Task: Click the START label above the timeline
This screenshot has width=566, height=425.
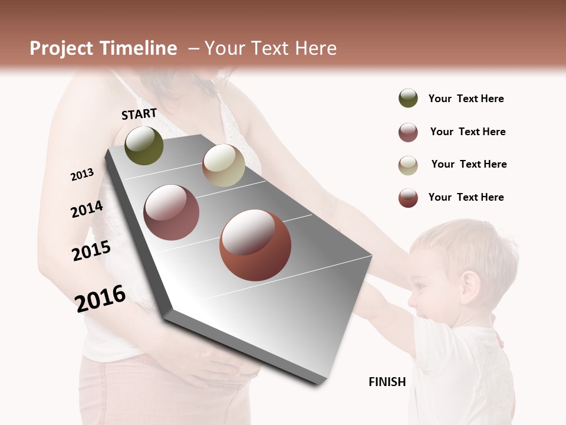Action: (139, 114)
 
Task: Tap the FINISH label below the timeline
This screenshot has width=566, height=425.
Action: (387, 382)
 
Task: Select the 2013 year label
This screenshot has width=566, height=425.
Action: (82, 175)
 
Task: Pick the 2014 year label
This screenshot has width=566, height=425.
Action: (87, 209)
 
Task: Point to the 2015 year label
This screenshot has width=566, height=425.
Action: (91, 251)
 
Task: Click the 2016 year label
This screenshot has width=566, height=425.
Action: (100, 298)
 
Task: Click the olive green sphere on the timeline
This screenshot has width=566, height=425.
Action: (144, 146)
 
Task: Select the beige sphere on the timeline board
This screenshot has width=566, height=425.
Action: (223, 165)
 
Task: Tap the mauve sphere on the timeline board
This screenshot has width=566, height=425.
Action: (171, 212)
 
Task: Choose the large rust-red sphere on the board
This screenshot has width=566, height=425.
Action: (255, 246)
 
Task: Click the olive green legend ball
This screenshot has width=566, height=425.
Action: (408, 99)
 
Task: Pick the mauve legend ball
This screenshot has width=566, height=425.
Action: (408, 132)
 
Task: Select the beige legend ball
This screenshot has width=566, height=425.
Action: (408, 165)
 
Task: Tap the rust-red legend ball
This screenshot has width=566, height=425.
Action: (408, 198)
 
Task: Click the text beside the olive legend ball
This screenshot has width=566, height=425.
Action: (466, 99)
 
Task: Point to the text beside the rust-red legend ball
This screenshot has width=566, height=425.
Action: (466, 197)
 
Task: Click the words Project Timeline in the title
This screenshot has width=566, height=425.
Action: (103, 48)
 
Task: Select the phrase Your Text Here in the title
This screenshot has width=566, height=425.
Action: (271, 48)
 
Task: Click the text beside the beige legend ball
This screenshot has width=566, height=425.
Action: (469, 164)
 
